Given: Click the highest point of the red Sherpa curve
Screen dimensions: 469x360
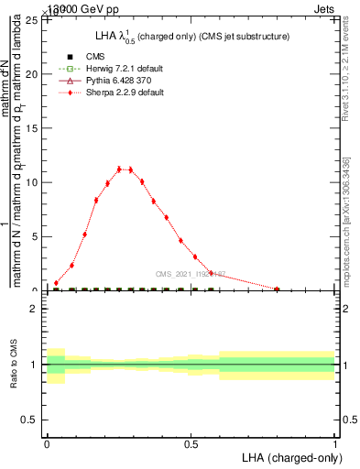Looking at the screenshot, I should pos(119,169).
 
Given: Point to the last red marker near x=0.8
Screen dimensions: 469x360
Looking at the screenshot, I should pos(277,289).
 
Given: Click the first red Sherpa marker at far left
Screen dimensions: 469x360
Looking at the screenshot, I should pos(57,283).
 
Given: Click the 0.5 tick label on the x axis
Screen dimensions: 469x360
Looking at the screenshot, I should pos(191,443).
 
